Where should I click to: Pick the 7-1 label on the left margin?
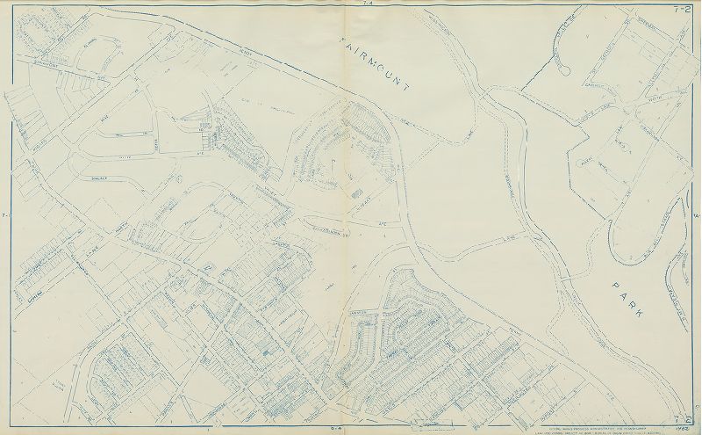coord(4,214)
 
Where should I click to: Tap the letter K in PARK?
coord(658,324)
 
